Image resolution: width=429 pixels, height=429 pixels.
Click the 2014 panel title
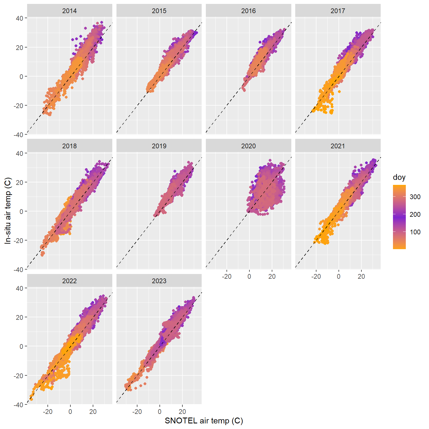70,11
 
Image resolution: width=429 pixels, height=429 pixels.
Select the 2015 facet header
159,11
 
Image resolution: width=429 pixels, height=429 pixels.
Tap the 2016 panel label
248,11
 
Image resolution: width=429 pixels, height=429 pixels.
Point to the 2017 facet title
338,11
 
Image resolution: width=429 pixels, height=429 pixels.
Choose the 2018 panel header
70,146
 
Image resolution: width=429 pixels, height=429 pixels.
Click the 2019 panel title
159,146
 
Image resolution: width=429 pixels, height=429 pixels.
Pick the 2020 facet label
248,146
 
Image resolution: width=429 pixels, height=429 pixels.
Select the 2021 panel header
338,146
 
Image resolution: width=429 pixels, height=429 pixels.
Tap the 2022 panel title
70,281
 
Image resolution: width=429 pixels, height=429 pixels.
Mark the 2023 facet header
159,281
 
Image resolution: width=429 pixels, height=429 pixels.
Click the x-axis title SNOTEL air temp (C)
204,421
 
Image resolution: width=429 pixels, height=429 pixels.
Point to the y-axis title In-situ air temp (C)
8,211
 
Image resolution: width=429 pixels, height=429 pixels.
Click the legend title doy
399,177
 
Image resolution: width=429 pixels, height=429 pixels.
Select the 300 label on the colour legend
415,197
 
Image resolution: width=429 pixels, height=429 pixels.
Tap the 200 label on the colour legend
415,214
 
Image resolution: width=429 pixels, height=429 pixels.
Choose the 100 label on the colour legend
415,232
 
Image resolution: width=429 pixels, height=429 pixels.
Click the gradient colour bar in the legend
399,217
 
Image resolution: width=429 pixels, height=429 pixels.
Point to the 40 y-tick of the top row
20,18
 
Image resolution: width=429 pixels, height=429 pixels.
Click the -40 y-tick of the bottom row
19,405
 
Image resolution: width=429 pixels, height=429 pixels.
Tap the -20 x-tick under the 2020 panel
227,277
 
